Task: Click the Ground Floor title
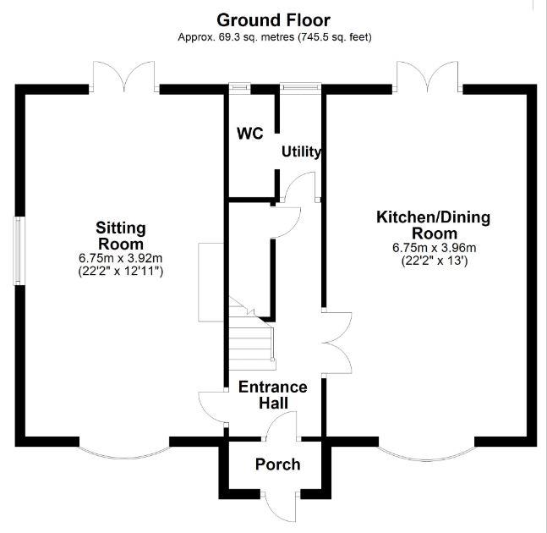(273, 19)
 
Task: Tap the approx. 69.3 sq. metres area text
(274, 37)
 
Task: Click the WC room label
(249, 134)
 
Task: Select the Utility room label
(301, 152)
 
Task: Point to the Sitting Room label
(121, 235)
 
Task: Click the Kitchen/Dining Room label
(433, 225)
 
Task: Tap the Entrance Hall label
(272, 394)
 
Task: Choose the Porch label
(277, 464)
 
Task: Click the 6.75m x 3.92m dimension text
(121, 258)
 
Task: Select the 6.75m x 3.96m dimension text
(434, 248)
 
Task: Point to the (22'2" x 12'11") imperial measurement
(121, 271)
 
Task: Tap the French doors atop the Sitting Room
(124, 77)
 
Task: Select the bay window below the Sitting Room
(124, 453)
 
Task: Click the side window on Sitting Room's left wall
(17, 250)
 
